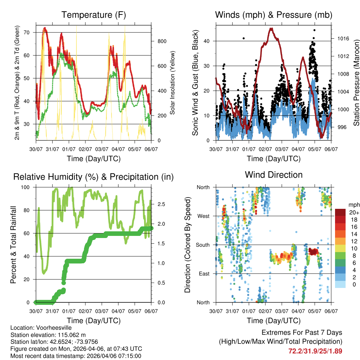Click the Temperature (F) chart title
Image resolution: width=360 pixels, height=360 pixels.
[x=94, y=15]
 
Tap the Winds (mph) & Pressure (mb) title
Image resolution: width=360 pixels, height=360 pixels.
[x=274, y=15]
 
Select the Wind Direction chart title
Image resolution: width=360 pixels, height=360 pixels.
[x=274, y=175]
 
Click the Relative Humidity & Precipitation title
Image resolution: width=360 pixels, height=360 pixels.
[x=94, y=177]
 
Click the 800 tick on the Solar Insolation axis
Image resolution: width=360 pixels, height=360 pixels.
[x=162, y=41]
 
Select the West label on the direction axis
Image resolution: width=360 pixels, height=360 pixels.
[x=203, y=216]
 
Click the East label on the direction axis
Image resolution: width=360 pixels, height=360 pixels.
[x=204, y=274]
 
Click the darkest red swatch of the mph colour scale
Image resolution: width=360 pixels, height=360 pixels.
[x=340, y=212]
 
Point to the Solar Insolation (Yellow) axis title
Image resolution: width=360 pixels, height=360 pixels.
[x=173, y=83]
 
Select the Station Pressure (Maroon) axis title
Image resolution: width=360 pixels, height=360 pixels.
[x=356, y=83]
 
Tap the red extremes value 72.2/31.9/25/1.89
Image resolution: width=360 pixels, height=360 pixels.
[x=315, y=351]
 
